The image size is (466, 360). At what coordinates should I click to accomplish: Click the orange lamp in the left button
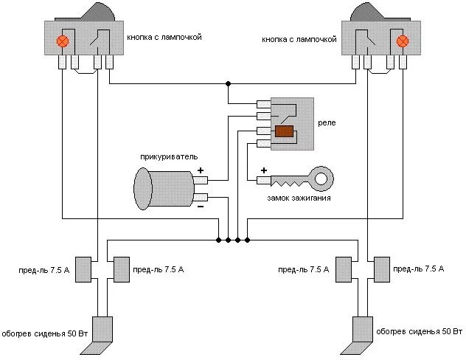pos(63,41)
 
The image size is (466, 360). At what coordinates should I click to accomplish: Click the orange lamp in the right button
pos(403,41)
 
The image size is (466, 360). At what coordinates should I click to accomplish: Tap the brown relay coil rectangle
pos(284,131)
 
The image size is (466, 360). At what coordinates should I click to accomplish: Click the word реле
pos(327,122)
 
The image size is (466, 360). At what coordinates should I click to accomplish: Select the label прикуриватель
pos(169,156)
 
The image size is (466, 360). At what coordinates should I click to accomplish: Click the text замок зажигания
pos(299,198)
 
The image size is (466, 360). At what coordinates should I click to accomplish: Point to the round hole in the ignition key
pos(321,179)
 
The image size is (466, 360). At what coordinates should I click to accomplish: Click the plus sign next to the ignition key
pos(264,170)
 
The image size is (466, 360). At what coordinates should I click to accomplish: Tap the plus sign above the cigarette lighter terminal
pos(201,170)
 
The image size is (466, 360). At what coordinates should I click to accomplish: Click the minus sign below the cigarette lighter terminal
pos(201,207)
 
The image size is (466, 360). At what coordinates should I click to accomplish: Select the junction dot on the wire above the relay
pos(228,84)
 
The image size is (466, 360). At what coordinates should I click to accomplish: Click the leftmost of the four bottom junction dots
pos(218,240)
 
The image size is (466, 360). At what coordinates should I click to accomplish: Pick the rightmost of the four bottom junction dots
pos(247,240)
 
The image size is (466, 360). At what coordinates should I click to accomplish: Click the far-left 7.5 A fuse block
pos(83,269)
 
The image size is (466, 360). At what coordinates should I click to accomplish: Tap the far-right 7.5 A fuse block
pos(382,269)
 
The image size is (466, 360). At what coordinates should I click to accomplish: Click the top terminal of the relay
pos(264,104)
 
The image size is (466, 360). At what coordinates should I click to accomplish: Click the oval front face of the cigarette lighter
pos(142,189)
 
